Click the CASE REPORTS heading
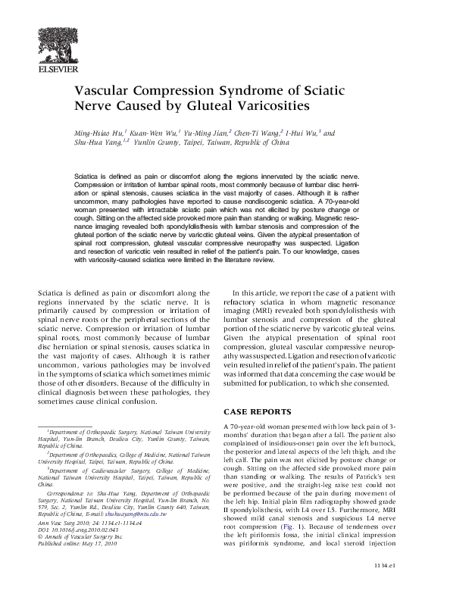tap(258, 411)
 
